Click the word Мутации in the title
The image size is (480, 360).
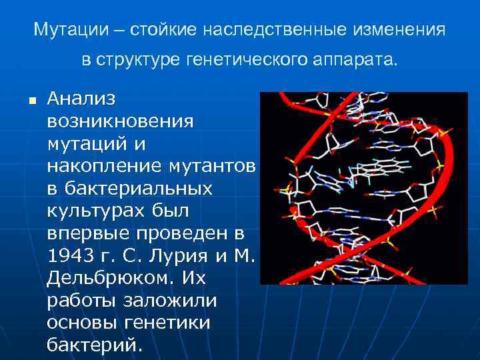(x=65, y=31)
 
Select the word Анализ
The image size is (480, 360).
(x=81, y=99)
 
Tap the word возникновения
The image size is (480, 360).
(x=121, y=122)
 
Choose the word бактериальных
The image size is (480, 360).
(x=129, y=189)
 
